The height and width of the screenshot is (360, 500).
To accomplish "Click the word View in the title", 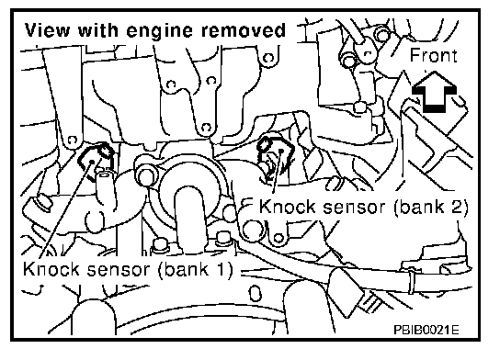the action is click(x=48, y=30).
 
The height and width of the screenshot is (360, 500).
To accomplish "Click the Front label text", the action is click(x=434, y=55).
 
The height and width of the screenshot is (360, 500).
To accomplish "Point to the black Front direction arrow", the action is click(x=434, y=92).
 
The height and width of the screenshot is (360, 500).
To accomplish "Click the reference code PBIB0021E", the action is click(x=426, y=330).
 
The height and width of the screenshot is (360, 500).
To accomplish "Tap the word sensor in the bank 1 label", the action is click(x=119, y=269).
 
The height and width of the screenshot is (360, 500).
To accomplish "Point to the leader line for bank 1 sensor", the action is click(x=65, y=209).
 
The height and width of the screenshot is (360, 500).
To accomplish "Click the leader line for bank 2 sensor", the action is click(x=277, y=172).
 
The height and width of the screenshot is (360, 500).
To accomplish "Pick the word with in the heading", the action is click(x=98, y=30).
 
